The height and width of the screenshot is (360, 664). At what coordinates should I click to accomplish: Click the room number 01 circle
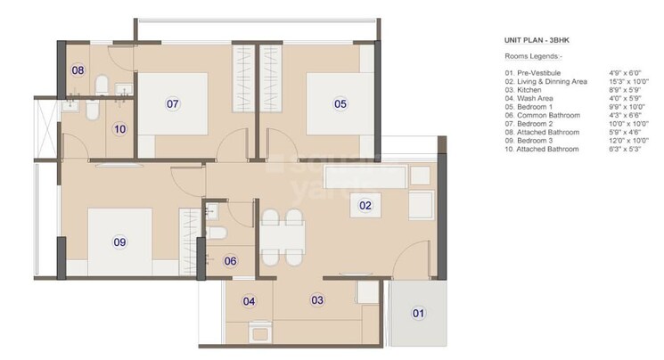(419, 313)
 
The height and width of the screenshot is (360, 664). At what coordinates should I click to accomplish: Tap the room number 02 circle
(365, 206)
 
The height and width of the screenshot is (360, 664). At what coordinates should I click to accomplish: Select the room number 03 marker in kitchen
(317, 300)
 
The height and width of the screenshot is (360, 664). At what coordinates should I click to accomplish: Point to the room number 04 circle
(250, 301)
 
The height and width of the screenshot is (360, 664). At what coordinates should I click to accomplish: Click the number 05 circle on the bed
(340, 104)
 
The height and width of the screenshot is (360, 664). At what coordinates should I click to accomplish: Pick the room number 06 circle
(230, 261)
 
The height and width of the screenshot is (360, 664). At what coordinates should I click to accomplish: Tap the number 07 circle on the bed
(174, 104)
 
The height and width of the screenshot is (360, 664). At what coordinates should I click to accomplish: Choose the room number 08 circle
(78, 70)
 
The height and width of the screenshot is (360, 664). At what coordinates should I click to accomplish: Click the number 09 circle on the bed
(119, 241)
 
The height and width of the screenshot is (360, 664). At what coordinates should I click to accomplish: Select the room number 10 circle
(119, 128)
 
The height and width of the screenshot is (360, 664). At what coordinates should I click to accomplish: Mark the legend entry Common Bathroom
(541, 115)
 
